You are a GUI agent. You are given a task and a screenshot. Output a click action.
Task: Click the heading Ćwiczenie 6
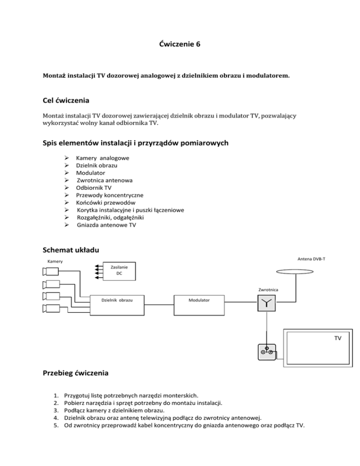pos(180,45)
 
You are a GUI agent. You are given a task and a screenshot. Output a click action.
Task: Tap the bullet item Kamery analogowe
pos(103,158)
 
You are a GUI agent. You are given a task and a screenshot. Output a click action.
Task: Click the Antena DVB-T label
pos(311,257)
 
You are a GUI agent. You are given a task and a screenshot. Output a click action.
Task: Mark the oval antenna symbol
pos(296,271)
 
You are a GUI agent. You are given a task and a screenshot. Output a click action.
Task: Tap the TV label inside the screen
pos(338,338)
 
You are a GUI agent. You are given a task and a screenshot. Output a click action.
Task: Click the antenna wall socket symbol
pos(266,353)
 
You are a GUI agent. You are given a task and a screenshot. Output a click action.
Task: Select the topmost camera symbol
pos(51,271)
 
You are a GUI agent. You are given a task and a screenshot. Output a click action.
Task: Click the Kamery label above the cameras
pos(55,261)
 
